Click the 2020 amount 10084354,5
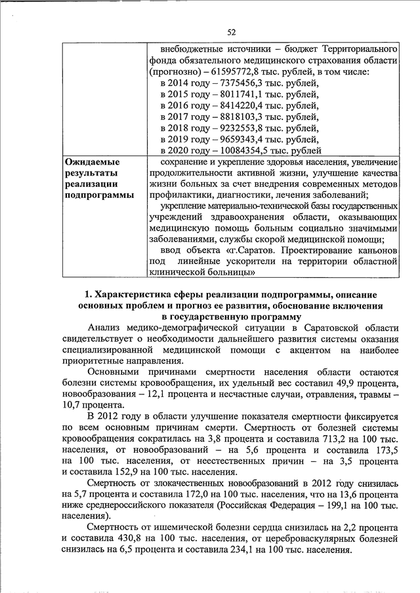click(x=241, y=150)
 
